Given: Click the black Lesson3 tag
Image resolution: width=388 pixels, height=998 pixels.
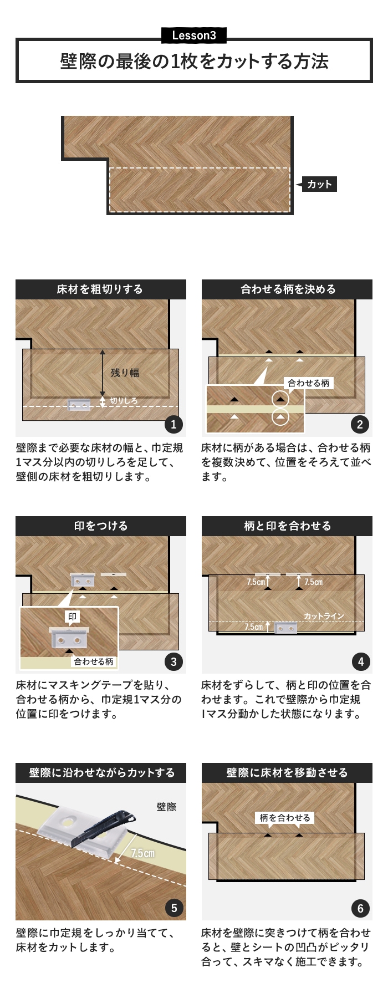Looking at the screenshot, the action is tap(194, 35).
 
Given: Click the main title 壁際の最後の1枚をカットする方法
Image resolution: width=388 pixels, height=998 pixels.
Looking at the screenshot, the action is tap(194, 61).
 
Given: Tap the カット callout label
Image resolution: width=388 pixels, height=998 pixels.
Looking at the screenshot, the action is tap(319, 185).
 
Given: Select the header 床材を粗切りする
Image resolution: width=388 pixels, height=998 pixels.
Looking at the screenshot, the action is tap(100, 289).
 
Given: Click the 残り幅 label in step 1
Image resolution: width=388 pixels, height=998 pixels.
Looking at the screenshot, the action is tap(125, 373).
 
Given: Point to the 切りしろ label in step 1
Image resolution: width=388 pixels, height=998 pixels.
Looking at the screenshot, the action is tap(123, 400).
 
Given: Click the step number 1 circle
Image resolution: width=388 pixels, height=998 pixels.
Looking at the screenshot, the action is tap(173, 425).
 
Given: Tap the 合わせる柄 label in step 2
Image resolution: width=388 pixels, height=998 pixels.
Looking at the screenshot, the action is tap(308, 383).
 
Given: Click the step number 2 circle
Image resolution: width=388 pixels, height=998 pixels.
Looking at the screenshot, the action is tap(360, 425).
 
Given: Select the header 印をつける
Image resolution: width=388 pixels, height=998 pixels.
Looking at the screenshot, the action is tap(101, 526).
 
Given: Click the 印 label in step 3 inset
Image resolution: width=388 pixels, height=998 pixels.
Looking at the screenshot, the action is tap(73, 617).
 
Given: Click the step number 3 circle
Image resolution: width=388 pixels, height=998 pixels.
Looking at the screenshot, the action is tap(173, 661).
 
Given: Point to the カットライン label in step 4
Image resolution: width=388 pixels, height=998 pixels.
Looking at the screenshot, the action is tap(324, 616).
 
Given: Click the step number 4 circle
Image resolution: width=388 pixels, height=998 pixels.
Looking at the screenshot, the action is tap(361, 661).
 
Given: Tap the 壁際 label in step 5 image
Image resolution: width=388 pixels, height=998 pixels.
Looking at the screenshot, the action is tap(166, 807).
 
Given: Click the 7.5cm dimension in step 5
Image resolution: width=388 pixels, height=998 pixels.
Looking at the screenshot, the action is tap(142, 853).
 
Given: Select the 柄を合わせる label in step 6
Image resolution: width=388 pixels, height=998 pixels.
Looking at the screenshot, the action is tap(285, 818).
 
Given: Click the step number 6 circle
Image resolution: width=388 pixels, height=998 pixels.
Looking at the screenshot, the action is tap(360, 908).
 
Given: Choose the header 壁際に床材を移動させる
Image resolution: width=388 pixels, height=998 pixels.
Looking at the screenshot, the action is tap(287, 773).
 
